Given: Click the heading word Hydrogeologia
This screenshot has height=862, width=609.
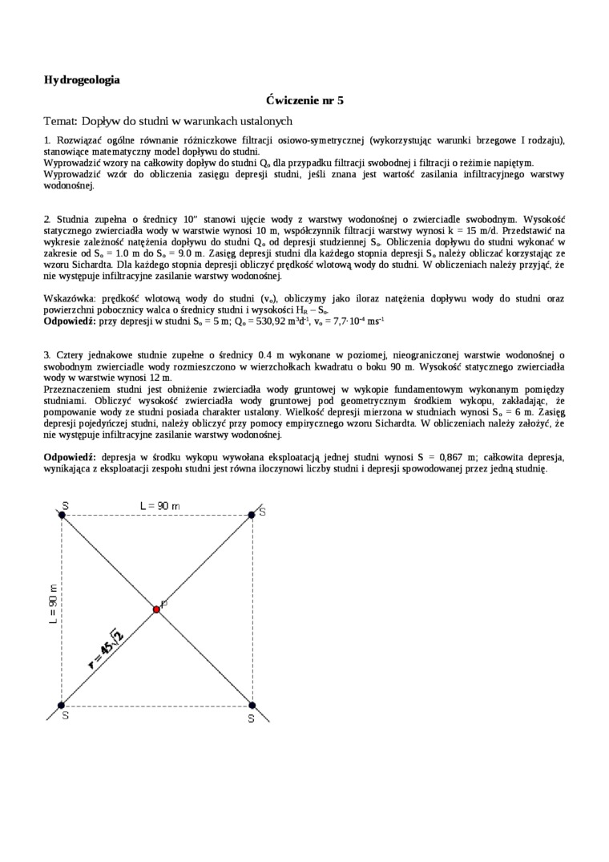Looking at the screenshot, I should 82,79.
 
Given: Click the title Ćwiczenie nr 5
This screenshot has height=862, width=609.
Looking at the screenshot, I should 304,100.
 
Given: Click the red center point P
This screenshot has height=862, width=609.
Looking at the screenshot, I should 156,609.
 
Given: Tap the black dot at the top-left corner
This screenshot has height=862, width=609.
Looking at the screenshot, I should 62,514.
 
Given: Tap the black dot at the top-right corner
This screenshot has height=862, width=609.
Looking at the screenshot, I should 252,514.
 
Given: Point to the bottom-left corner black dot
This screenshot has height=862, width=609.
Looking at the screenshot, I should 62,705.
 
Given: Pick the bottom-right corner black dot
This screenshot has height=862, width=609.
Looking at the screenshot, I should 252,705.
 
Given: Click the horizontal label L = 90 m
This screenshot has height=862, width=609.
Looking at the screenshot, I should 160,506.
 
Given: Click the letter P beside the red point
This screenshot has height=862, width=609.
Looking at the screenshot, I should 164,603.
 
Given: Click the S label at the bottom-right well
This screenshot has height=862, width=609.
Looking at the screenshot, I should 251,719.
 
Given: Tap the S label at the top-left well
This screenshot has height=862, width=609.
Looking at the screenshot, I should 65,505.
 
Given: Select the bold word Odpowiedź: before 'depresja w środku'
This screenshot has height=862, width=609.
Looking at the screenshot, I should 70,456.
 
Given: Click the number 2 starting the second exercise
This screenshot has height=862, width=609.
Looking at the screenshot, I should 47,218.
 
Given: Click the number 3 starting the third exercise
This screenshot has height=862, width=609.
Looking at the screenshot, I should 47,354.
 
